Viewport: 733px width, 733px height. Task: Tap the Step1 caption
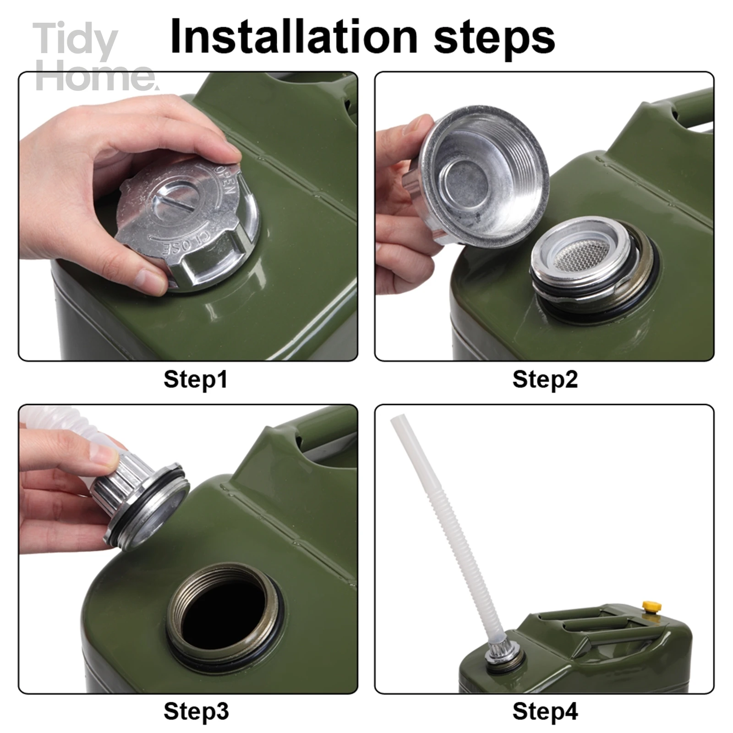196,379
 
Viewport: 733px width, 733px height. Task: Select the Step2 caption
545,379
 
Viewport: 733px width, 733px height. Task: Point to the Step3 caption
196,711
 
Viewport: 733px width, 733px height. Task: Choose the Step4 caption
545,711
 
